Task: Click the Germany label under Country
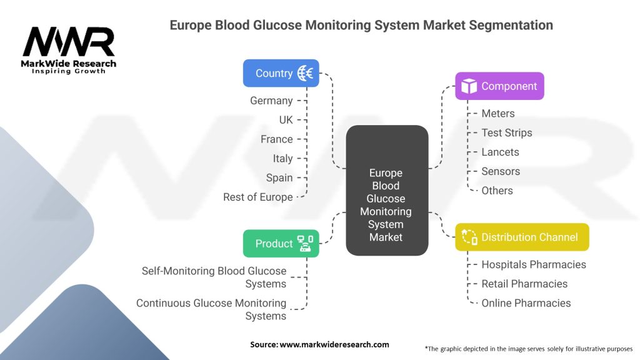271,101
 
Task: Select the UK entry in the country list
286,120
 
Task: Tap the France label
277,139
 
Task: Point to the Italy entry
282,159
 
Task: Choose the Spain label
279,178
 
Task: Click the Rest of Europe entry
258,197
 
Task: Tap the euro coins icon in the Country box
306,73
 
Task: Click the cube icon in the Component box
469,87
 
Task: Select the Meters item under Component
498,114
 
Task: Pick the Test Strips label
507,133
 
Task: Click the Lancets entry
500,152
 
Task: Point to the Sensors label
501,172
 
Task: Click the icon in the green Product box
306,244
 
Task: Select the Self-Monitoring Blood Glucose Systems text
214,277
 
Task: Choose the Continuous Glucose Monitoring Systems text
211,309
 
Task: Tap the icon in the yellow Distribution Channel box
469,237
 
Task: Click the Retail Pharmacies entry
524,284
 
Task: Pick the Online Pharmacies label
526,303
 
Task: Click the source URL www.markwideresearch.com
334,344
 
